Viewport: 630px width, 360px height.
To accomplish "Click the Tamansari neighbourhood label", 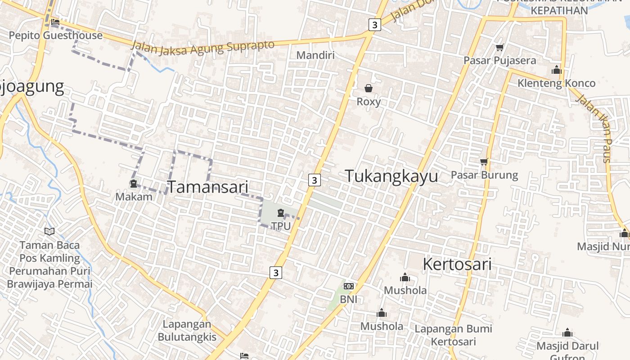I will (x=208, y=187).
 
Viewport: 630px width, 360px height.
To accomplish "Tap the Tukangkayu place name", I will (x=391, y=176).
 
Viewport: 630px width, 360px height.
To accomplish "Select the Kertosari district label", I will (x=457, y=264).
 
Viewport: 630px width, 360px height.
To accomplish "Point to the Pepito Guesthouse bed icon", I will (x=55, y=22).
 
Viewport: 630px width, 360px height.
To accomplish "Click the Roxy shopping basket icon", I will (x=369, y=88).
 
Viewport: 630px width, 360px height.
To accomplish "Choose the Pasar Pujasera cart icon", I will (x=499, y=47).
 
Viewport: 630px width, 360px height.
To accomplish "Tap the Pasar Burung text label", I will (x=484, y=175).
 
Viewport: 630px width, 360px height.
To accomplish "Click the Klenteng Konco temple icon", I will (x=557, y=70).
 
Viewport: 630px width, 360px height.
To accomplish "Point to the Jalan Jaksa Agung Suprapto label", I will (x=202, y=47).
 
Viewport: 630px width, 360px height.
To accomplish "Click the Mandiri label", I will (x=315, y=55).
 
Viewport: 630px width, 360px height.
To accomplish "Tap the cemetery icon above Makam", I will (x=134, y=184).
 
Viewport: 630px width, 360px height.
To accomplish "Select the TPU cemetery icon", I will (x=281, y=213).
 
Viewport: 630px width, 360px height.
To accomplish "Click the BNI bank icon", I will (x=348, y=286).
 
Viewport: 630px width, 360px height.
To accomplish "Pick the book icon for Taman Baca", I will (x=49, y=231).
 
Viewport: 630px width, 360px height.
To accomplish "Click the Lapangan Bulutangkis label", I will (x=187, y=330).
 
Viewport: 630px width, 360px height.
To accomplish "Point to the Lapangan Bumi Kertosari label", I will (x=453, y=335).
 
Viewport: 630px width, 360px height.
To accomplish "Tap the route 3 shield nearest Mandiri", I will (x=374, y=24).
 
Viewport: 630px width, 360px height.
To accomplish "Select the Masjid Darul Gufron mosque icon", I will (x=567, y=333).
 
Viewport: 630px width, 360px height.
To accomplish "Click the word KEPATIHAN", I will (x=559, y=10).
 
